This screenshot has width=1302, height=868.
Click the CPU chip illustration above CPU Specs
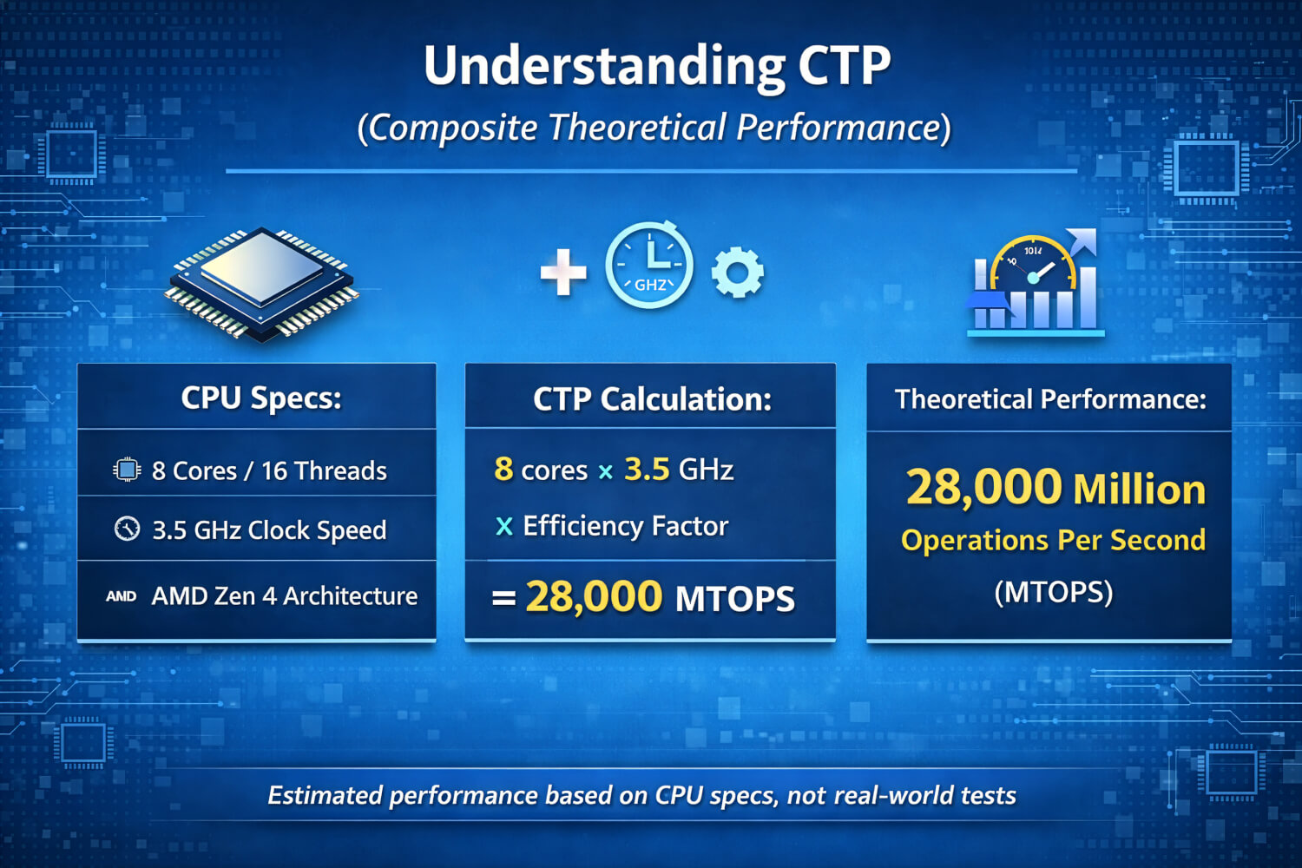[x=261, y=284]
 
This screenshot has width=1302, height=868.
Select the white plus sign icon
[x=563, y=272]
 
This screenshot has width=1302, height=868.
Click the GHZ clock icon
[x=649, y=266]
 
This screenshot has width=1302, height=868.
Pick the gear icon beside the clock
[x=738, y=273]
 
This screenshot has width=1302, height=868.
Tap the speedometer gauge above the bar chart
[x=1033, y=265]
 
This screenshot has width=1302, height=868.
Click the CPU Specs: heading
[x=261, y=398]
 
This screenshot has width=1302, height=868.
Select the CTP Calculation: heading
[x=652, y=399]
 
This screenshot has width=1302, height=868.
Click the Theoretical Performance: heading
[x=1050, y=399]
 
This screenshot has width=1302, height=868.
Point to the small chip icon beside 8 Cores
[x=127, y=470]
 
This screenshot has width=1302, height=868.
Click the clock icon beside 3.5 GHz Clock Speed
[x=127, y=529]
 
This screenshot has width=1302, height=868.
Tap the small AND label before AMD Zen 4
[x=121, y=596]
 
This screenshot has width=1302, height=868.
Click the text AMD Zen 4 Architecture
[x=285, y=596]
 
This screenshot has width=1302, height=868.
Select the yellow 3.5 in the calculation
[x=647, y=470]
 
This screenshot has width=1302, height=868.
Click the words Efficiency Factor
[x=625, y=526]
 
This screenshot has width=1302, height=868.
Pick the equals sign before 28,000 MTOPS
[x=503, y=598]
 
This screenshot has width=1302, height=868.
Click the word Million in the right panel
[x=1140, y=490]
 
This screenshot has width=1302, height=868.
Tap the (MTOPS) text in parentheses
[x=1053, y=592]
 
